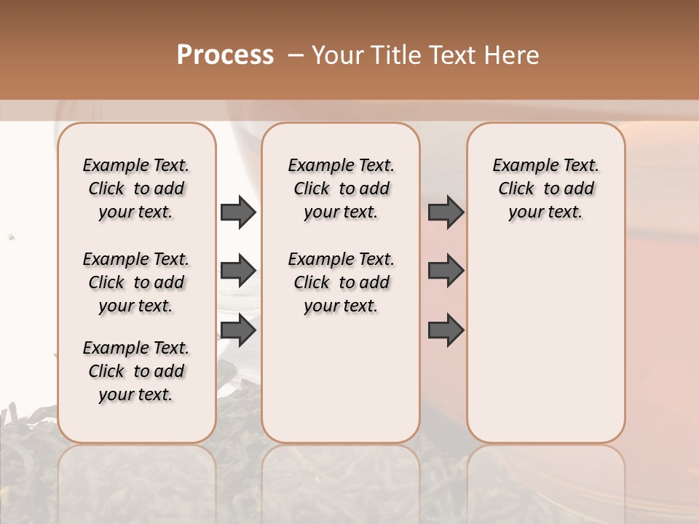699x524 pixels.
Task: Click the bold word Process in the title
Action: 225,55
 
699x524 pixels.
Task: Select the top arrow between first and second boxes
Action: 238,213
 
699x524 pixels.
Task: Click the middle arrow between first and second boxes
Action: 238,271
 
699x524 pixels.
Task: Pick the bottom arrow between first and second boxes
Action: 238,330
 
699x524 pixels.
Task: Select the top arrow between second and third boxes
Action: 446,213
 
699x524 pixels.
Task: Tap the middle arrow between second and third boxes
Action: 446,271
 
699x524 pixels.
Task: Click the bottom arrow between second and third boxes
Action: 446,330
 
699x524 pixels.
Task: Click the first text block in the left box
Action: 136,188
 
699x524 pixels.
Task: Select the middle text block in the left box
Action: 136,282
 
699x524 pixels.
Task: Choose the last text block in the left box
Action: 136,371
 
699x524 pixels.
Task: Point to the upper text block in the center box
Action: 341,188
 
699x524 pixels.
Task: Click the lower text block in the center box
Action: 341,282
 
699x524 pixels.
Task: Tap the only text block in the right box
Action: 546,188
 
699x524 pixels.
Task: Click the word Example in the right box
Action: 521,165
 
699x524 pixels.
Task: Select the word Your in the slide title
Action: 338,55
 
